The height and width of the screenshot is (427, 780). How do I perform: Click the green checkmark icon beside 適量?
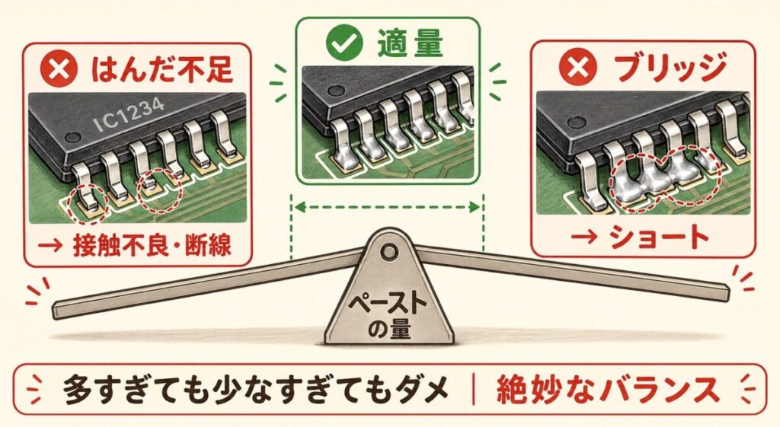click(x=344, y=43)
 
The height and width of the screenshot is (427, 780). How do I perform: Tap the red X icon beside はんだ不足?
click(x=59, y=69)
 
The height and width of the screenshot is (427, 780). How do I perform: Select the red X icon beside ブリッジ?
click(x=577, y=67)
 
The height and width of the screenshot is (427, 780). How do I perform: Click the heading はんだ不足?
click(x=161, y=69)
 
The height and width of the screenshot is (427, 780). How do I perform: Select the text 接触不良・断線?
click(x=152, y=245)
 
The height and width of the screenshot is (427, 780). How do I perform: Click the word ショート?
click(x=659, y=237)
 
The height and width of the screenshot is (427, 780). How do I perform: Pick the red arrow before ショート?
click(x=583, y=237)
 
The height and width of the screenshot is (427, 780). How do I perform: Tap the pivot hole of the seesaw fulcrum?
click(x=389, y=252)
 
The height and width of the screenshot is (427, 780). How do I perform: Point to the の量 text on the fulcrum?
click(x=389, y=328)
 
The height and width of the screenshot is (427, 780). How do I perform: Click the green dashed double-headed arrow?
click(x=388, y=207)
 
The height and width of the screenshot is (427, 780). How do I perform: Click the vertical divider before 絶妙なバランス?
click(x=474, y=390)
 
